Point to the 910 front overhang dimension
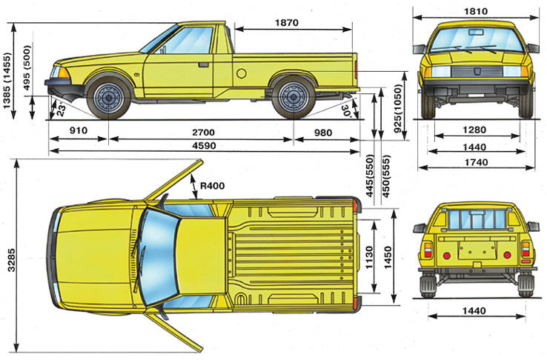[78, 131]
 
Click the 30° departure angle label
[345, 108]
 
